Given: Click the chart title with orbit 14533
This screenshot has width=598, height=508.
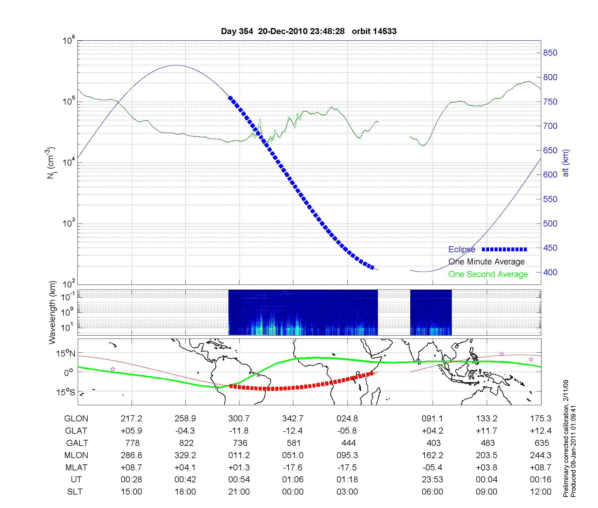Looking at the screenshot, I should pyautogui.click(x=309, y=31).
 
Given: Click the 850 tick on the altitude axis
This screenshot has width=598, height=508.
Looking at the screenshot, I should pyautogui.click(x=550, y=53).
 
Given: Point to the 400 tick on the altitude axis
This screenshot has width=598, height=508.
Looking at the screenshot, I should pyautogui.click(x=550, y=272).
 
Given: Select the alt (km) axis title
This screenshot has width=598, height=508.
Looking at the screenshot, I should pyautogui.click(x=566, y=163).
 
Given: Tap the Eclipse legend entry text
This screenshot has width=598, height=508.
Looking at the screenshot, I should pyautogui.click(x=462, y=250).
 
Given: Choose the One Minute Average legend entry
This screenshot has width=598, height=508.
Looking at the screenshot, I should pyautogui.click(x=486, y=262).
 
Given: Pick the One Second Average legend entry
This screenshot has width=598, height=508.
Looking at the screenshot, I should pyautogui.click(x=488, y=274).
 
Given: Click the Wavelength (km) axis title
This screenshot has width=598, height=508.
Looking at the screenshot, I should pyautogui.click(x=53, y=313).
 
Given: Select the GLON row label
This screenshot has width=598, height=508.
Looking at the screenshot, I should pyautogui.click(x=76, y=419).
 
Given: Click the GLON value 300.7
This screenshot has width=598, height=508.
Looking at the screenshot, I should pyautogui.click(x=239, y=419).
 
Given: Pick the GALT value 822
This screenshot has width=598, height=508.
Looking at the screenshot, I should pyautogui.click(x=185, y=443).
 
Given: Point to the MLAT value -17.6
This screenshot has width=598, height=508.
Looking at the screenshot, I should pyautogui.click(x=293, y=467).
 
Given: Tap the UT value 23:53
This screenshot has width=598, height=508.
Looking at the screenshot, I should pyautogui.click(x=432, y=480).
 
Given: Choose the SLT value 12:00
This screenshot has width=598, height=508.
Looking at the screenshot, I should pyautogui.click(x=541, y=492).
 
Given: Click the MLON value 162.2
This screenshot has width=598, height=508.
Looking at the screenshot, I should pyautogui.click(x=432, y=455).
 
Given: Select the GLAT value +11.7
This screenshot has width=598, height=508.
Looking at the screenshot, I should pyautogui.click(x=486, y=431).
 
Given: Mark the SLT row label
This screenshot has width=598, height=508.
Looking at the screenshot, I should pyautogui.click(x=75, y=492).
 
